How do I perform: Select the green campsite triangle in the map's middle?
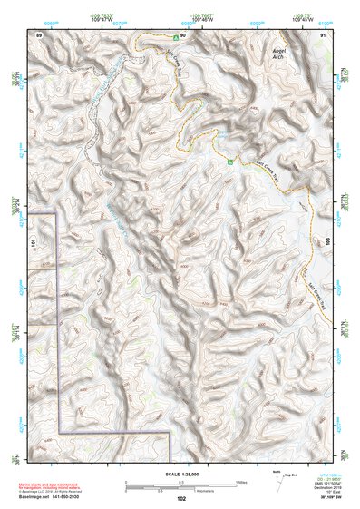click(231, 162)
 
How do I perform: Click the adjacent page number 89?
click(39, 34)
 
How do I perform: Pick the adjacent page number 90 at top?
click(182, 34)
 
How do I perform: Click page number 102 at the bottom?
click(181, 498)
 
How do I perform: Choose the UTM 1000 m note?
click(320, 475)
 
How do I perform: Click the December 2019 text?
click(320, 488)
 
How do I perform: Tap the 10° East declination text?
click(320, 493)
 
